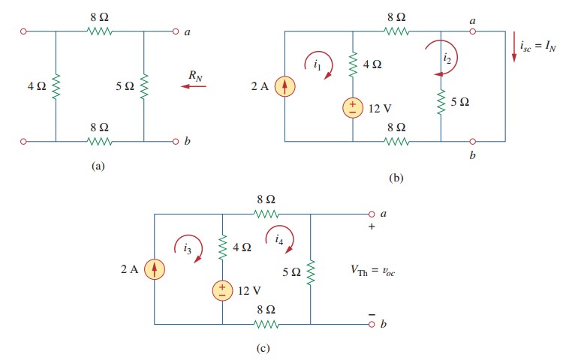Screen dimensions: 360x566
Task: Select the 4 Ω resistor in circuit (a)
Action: (56, 86)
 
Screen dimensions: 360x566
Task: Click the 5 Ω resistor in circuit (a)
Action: (144, 86)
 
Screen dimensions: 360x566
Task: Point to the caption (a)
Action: (98, 166)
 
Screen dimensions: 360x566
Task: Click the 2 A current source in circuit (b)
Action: (285, 87)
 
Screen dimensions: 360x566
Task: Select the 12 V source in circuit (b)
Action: (352, 108)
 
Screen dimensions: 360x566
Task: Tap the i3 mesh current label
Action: (188, 247)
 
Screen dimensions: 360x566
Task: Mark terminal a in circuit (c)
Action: (371, 214)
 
